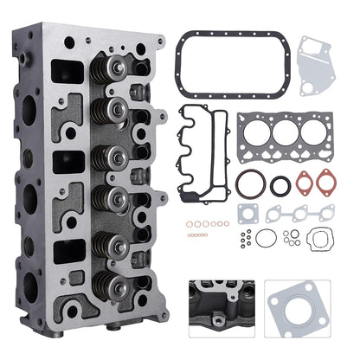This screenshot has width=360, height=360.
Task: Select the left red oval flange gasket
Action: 304,183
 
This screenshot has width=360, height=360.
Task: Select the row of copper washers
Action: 208,224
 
